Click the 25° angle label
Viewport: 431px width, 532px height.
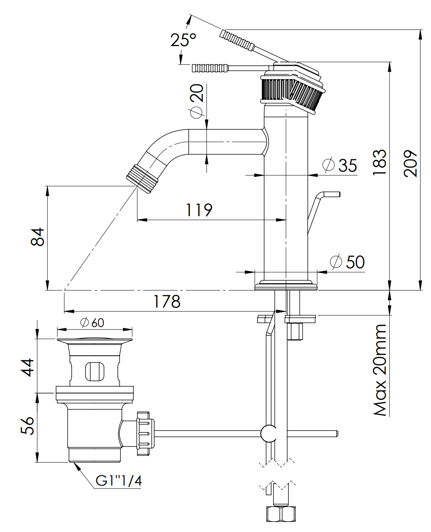tap(183, 39)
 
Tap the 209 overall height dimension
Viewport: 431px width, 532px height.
tap(410, 163)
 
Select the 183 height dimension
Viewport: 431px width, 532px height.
tap(379, 163)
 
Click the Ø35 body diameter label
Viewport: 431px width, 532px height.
tap(340, 165)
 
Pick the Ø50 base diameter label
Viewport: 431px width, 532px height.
tap(347, 262)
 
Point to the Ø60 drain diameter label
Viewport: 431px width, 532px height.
tap(92, 323)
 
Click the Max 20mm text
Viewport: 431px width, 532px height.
tap(379, 370)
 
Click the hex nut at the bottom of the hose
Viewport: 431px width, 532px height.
tap(281, 514)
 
